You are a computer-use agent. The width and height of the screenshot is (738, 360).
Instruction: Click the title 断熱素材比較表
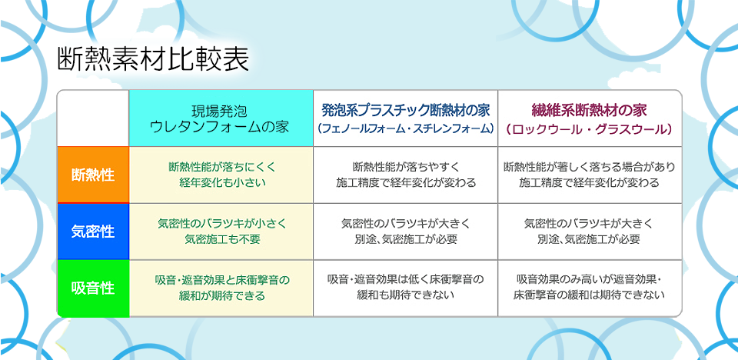[153, 59]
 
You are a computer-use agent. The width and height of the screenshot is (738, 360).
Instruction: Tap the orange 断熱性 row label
[93, 175]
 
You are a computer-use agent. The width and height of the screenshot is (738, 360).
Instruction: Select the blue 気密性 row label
[93, 232]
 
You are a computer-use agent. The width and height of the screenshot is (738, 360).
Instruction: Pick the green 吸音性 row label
[93, 288]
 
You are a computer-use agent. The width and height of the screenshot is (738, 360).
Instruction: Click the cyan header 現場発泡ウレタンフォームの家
[221, 118]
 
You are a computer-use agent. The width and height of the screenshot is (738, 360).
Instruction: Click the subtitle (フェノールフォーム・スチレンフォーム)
[406, 128]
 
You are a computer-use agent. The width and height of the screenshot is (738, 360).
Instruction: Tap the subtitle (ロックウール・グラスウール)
[590, 128]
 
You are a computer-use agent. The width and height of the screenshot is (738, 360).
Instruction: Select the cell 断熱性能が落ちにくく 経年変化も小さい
[221, 175]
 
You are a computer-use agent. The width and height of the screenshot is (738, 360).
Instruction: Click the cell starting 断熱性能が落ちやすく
[406, 175]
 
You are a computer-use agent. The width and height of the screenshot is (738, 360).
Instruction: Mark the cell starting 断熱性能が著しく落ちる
[590, 175]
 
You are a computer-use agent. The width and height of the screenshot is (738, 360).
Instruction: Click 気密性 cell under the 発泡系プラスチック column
[406, 231]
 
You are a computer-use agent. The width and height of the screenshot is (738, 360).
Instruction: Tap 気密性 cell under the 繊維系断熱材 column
[590, 231]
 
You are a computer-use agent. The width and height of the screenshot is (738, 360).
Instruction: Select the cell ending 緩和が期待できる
[221, 288]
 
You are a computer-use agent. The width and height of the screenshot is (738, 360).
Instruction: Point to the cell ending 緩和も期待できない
[406, 288]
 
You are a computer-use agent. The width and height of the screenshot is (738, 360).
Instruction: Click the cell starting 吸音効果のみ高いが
[590, 288]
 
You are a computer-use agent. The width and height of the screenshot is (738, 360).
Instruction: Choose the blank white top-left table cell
[93, 118]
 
